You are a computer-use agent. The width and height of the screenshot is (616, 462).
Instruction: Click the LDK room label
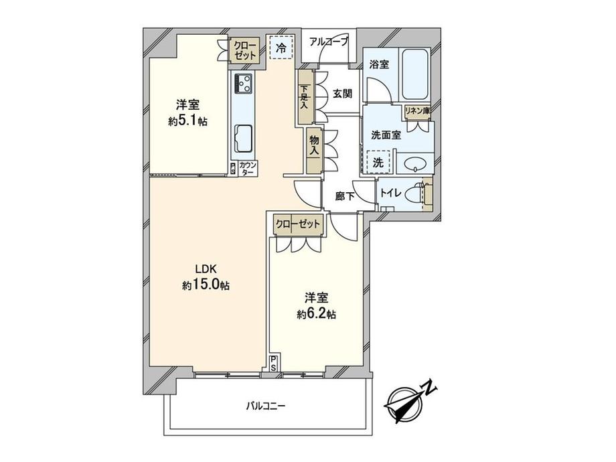click(206, 269)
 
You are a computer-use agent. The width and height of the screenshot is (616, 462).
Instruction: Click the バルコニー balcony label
click(266, 405)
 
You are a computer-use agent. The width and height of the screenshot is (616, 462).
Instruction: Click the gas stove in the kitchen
click(242, 84)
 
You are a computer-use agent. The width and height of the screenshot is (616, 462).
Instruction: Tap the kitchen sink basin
click(243, 139)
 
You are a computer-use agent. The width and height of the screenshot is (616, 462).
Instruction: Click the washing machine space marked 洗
click(379, 161)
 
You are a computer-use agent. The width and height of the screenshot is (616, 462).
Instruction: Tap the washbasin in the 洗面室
click(414, 163)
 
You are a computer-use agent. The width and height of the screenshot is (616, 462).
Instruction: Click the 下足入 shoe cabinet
click(305, 98)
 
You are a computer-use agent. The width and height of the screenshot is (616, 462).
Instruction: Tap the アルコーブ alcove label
click(328, 42)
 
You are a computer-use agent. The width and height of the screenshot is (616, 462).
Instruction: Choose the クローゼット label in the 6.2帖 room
click(297, 224)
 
